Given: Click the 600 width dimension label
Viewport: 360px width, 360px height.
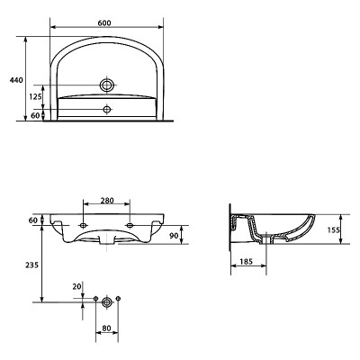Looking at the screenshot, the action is click(x=104, y=22).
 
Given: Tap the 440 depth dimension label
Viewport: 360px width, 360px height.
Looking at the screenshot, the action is click(x=16, y=80).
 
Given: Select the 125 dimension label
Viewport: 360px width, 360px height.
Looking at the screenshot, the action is click(x=35, y=96).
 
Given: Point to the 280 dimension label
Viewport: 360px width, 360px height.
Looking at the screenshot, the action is click(x=107, y=200).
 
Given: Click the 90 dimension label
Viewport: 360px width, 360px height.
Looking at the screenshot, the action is click(x=174, y=236).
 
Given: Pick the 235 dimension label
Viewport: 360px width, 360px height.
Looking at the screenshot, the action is click(x=31, y=265).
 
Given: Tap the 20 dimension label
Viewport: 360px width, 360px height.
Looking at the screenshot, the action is click(x=76, y=286).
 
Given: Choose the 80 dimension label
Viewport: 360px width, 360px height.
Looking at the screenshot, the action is click(x=106, y=328).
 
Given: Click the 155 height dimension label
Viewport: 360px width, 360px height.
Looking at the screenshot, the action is click(x=334, y=229).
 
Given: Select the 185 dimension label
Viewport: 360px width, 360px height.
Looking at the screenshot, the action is click(x=247, y=262).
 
